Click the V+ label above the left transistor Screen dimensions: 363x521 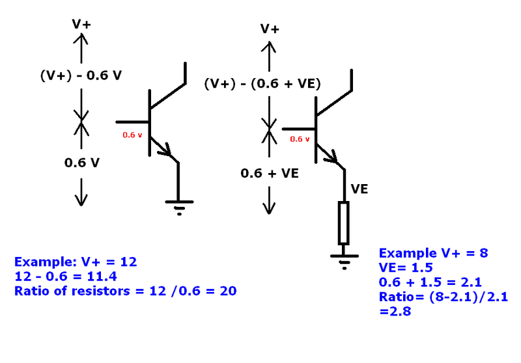[81, 23]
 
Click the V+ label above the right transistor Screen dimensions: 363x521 [270, 29]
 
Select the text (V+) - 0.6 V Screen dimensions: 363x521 [81, 75]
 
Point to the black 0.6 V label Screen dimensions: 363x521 [81, 163]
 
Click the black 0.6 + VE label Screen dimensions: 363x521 [270, 173]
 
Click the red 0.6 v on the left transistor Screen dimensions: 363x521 [132, 135]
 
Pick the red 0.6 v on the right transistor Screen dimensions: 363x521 [300, 139]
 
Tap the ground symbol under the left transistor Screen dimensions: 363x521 [178, 207]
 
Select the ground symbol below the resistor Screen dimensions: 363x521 [343, 260]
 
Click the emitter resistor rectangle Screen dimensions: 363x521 [343, 222]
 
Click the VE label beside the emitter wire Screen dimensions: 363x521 [360, 189]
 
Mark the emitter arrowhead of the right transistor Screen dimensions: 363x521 [335, 157]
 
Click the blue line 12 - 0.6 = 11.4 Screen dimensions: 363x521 [63, 276]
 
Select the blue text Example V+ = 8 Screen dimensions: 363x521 [434, 253]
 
